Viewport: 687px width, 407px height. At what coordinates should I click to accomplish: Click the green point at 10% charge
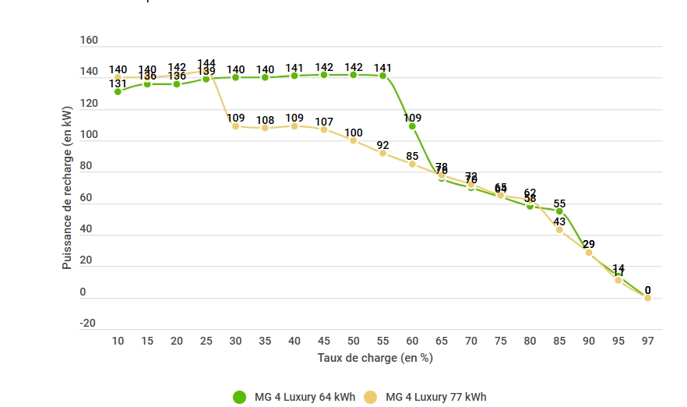118,92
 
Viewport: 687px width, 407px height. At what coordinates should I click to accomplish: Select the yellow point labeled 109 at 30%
235,126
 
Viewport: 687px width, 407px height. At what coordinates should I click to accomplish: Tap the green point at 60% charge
412,126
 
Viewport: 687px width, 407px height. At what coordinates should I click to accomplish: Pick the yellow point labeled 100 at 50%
354,140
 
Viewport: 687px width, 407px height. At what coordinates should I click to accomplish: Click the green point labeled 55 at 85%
559,211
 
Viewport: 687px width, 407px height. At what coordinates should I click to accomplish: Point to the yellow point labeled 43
559,230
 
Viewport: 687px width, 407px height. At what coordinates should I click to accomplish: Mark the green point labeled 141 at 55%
382,76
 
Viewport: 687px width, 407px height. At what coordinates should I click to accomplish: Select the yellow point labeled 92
382,153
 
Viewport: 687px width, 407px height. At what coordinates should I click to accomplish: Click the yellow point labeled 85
412,164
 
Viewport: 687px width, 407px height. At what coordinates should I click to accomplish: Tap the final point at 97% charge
647,298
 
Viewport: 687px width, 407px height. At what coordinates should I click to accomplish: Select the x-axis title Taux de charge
375,358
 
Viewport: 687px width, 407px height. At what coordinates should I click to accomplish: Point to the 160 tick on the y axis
89,41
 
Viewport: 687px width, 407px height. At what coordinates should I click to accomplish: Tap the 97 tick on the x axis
647,341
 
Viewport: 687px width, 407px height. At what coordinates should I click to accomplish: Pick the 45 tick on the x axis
324,341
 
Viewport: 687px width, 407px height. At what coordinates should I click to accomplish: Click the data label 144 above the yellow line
206,64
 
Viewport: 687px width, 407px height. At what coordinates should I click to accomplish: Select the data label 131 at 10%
118,84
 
